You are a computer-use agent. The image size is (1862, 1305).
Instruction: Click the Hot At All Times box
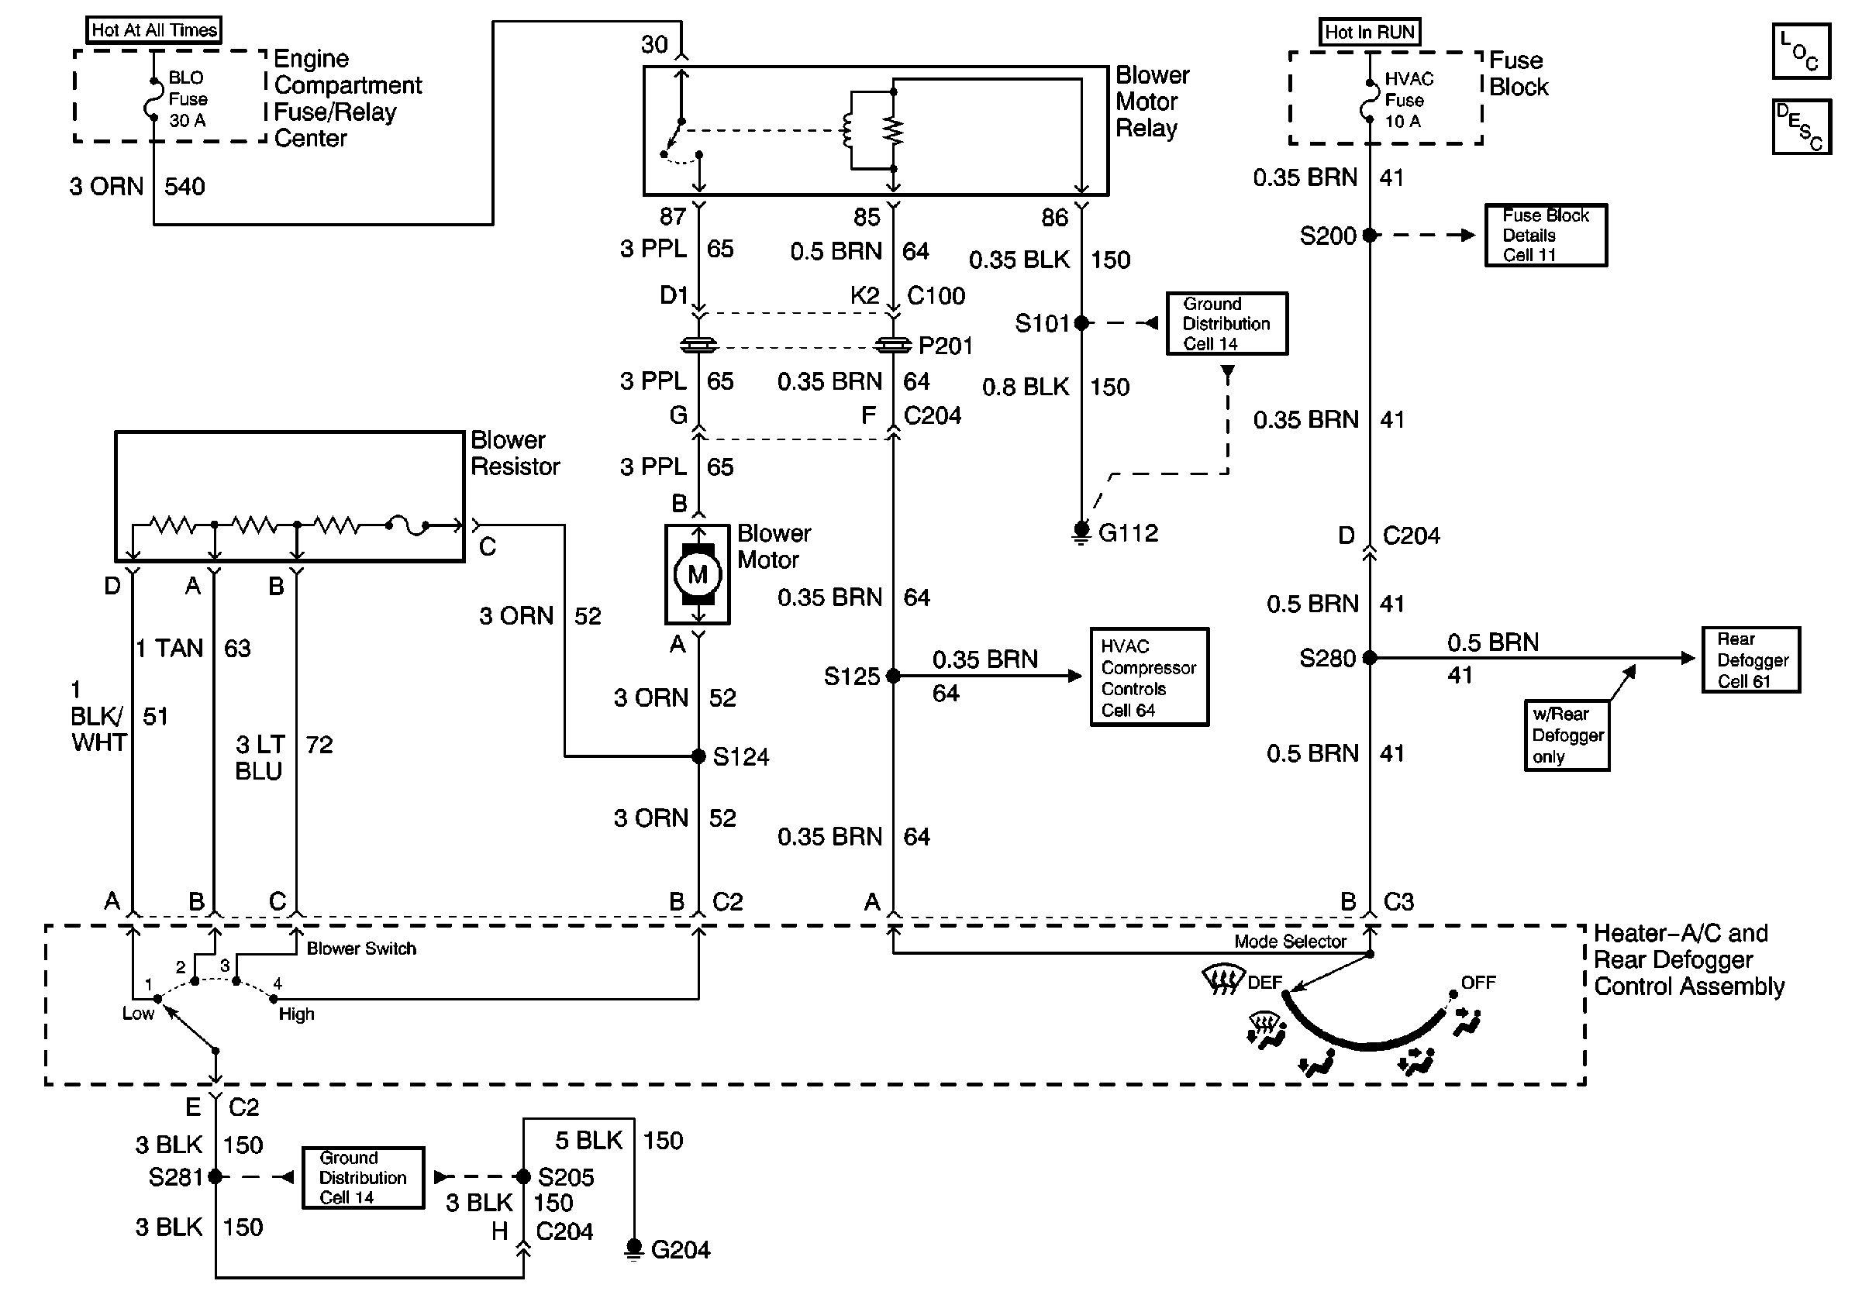154,30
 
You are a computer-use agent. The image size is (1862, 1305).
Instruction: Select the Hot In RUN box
1369,32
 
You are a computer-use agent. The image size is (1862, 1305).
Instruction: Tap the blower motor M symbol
698,575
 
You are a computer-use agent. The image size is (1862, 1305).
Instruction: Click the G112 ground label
1128,532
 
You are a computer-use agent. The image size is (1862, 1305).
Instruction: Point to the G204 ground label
681,1250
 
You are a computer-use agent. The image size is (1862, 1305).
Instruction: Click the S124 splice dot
698,756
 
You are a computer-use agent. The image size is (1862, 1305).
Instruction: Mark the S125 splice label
851,676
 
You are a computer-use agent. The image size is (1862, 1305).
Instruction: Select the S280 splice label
1328,658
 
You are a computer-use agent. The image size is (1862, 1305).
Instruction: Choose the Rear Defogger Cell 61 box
1751,659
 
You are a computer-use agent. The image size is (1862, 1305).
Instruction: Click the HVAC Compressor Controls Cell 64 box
1149,677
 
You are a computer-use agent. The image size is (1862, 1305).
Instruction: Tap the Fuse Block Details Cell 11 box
1546,235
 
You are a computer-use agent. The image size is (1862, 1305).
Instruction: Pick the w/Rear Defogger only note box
1567,735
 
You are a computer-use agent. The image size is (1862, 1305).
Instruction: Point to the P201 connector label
946,346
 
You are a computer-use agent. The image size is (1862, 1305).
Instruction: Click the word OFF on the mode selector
1478,983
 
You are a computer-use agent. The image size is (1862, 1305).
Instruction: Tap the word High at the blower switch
296,1014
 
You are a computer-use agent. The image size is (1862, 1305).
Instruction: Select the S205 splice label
566,1177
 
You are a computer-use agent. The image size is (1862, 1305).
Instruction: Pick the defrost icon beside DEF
1223,980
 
